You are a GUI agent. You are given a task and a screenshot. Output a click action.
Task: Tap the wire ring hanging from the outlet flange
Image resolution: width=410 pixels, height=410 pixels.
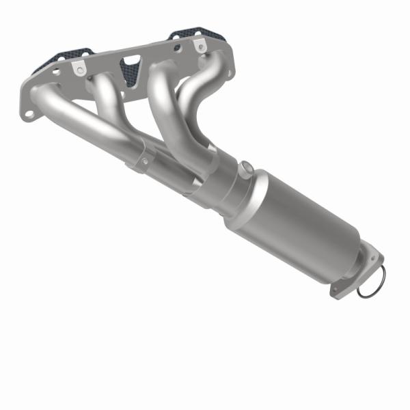click(370, 284)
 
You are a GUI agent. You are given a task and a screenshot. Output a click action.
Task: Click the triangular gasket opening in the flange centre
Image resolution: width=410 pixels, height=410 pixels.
click(129, 69)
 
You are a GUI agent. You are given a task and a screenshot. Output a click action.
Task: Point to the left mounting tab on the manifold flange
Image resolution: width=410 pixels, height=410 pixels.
click(81, 69)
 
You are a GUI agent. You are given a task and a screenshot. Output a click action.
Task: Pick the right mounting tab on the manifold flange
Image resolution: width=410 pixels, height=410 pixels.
click(199, 46)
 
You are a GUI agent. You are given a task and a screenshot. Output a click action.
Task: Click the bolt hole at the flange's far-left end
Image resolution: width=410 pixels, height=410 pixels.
click(31, 109)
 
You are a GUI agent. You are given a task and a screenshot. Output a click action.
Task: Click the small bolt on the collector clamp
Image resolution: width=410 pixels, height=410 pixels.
click(143, 161)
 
